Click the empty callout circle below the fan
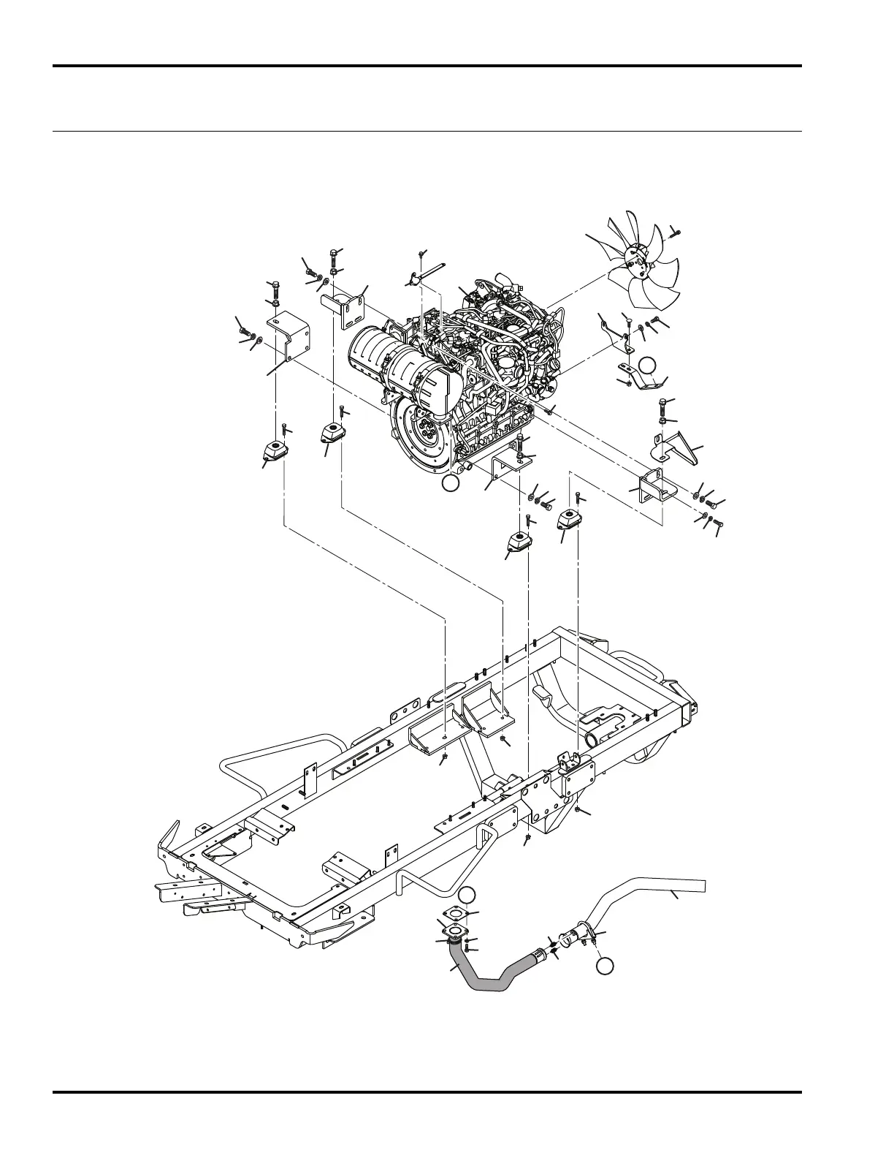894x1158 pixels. tap(647, 366)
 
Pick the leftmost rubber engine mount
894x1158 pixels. tap(274, 453)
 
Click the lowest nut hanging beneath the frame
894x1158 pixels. tap(527, 836)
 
